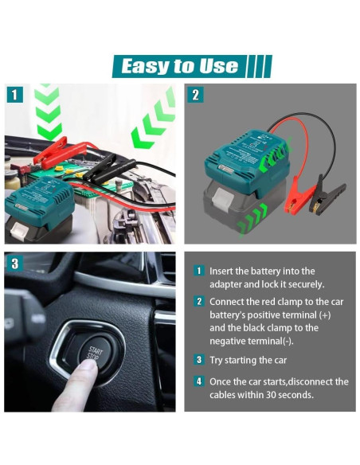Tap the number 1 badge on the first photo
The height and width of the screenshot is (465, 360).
click(14, 95)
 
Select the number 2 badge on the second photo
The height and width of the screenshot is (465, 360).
click(195, 95)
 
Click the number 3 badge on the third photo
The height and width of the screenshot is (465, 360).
click(14, 263)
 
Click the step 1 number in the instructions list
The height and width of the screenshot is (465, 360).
click(200, 271)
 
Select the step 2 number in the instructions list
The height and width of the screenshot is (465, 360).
click(200, 302)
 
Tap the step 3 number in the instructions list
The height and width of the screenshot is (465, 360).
click(200, 359)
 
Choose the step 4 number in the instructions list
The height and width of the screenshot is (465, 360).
click(200, 381)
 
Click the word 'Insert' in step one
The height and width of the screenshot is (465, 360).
click(223, 271)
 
